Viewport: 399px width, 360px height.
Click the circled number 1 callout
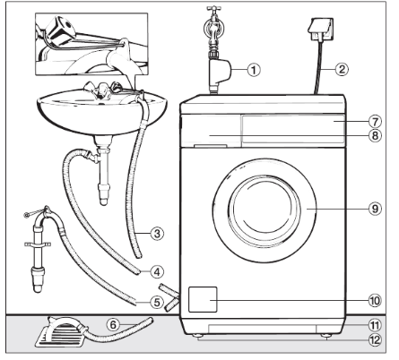pyautogui.click(x=254, y=70)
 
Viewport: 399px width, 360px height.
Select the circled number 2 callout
pyautogui.click(x=342, y=69)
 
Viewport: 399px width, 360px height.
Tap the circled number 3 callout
pyautogui.click(x=157, y=233)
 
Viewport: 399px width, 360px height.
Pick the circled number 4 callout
pyautogui.click(x=157, y=271)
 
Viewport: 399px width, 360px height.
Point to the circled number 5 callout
pyautogui.click(x=157, y=303)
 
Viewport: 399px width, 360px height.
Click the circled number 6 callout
pyautogui.click(x=113, y=324)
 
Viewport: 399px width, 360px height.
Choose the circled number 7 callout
pyautogui.click(x=375, y=122)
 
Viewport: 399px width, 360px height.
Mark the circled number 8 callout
pyautogui.click(x=375, y=135)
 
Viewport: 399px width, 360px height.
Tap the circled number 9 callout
pyautogui.click(x=375, y=209)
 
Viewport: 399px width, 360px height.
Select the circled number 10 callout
pyautogui.click(x=375, y=300)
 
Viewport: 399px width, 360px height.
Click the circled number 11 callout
pyautogui.click(x=375, y=325)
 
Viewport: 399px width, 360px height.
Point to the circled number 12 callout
pyautogui.click(x=375, y=339)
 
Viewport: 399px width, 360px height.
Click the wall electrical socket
pyautogui.click(x=320, y=30)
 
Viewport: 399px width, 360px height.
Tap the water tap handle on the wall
pyautogui.click(x=213, y=9)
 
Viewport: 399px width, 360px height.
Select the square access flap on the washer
pyautogui.click(x=203, y=299)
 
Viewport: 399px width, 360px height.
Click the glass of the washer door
pyautogui.click(x=265, y=208)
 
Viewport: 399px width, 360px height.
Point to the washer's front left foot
pyautogui.click(x=197, y=336)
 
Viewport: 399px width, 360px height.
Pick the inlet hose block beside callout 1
pyautogui.click(x=220, y=73)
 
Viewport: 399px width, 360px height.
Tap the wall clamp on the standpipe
pyautogui.click(x=38, y=244)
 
